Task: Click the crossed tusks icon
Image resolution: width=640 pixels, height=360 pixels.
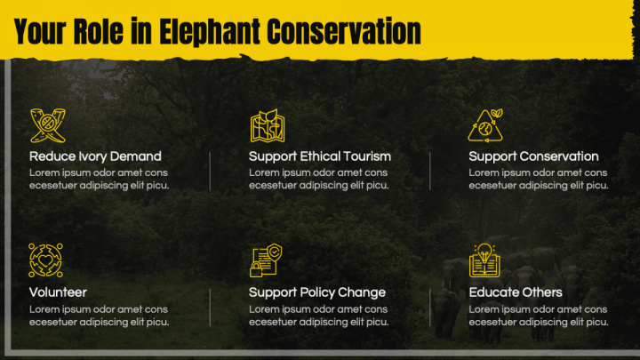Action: pos(48,125)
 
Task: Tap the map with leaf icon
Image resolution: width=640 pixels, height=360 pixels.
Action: pos(268,125)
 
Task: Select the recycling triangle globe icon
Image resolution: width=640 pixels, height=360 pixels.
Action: pos(485,125)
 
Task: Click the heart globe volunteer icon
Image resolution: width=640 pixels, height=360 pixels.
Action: pos(45,260)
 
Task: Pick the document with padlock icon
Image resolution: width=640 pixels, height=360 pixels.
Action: pos(266,260)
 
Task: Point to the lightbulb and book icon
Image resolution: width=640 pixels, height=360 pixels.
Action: pos(484,260)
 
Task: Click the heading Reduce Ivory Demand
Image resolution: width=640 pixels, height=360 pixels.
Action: pos(95,156)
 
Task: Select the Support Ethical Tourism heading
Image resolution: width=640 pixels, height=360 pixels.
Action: pos(320,156)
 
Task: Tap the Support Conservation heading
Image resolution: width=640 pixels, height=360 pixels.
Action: pos(533,156)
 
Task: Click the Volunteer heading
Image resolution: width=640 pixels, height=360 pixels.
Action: pos(58,292)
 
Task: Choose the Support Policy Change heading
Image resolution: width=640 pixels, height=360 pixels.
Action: pos(317,292)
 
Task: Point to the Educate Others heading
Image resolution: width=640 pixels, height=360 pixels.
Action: pos(516,292)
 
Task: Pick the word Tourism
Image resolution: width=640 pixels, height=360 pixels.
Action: pos(366,156)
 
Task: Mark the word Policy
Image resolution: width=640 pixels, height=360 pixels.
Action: pos(317,293)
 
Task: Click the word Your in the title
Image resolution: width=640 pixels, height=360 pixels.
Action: pos(40,31)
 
